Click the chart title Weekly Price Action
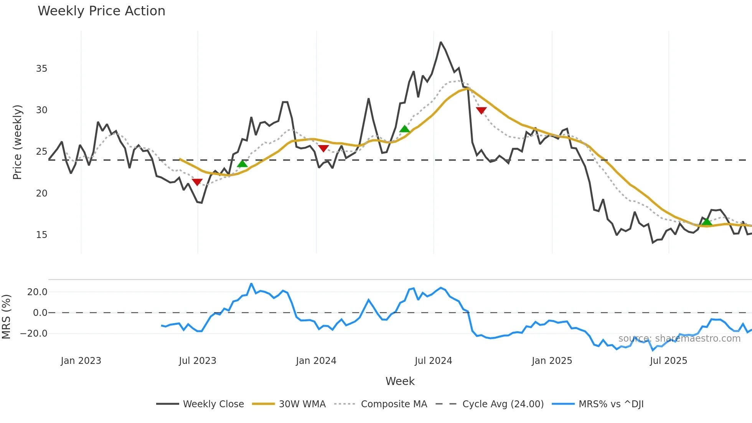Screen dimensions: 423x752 point(101,11)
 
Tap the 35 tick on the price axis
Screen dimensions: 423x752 point(41,69)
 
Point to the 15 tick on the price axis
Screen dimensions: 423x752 point(41,235)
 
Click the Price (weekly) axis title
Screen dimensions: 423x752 point(18,142)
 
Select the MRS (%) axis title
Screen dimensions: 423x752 point(6,317)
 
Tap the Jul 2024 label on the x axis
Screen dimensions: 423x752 point(433,361)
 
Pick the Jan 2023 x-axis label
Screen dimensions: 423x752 point(81,361)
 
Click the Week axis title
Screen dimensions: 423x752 point(400,381)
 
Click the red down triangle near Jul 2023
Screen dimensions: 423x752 point(197,182)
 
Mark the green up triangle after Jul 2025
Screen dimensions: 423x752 point(706,222)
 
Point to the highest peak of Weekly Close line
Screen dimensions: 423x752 point(441,42)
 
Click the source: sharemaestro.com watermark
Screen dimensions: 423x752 point(679,339)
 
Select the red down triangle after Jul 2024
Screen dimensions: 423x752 point(481,111)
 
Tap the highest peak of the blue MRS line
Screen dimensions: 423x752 point(251,284)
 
